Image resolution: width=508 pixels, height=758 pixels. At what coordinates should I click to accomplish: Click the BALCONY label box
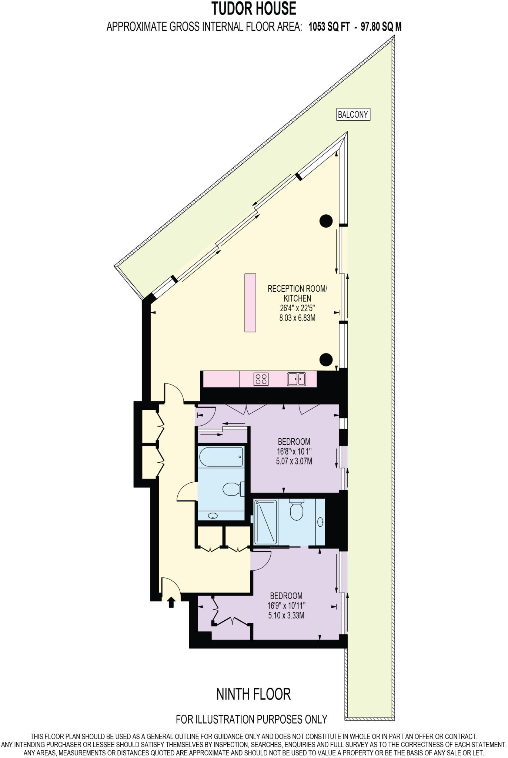(x=353, y=114)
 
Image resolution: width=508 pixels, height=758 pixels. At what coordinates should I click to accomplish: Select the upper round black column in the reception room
(x=326, y=221)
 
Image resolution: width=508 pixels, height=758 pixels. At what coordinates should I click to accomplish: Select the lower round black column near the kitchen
(x=326, y=359)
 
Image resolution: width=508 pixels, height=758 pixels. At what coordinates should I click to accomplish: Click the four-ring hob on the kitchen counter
(x=261, y=379)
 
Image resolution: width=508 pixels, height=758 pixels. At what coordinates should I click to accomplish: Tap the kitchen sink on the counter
(x=296, y=379)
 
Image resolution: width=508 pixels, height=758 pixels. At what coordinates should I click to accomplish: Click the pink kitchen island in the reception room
(x=250, y=303)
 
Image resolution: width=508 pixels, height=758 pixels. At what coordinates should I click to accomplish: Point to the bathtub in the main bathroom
(x=221, y=457)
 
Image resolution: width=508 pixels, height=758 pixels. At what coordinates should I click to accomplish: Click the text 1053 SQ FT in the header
(x=329, y=27)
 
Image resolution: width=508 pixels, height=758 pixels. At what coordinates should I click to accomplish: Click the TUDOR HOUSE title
(x=254, y=9)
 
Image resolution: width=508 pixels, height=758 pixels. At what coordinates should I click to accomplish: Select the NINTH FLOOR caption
(x=254, y=694)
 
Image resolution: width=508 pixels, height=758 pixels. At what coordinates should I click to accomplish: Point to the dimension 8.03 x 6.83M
(x=297, y=318)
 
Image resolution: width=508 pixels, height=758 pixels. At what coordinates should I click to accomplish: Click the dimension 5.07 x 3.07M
(x=294, y=461)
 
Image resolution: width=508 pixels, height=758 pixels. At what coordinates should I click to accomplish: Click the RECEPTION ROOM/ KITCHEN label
(x=297, y=293)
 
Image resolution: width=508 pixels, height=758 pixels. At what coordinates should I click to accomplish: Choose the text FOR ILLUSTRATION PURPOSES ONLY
(x=251, y=719)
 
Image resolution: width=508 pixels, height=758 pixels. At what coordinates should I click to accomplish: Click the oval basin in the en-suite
(x=320, y=522)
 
